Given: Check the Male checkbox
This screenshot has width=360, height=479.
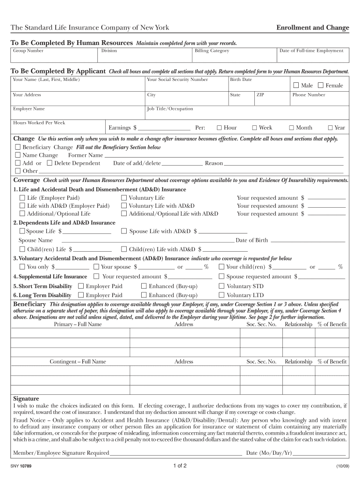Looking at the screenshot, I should click(295, 86).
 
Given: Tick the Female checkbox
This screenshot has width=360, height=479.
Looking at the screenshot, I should click(320, 86).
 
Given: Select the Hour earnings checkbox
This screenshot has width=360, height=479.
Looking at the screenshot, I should click(219, 128).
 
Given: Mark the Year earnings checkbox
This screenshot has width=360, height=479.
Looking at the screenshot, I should click(330, 128).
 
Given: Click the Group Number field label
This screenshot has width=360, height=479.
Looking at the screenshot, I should click(28, 51).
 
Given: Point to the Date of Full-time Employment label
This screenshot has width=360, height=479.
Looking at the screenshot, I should click(311, 51).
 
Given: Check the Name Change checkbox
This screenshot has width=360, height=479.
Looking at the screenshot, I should click(18, 155).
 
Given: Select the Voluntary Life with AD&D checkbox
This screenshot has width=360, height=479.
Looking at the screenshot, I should click(124, 206).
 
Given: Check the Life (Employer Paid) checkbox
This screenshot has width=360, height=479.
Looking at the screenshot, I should click(22, 198).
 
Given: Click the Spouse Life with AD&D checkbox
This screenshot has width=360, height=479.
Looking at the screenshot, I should click(124, 231).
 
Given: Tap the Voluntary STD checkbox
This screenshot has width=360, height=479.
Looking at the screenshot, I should click(222, 286).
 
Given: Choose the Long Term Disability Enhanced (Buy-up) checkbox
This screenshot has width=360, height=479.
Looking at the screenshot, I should click(144, 295).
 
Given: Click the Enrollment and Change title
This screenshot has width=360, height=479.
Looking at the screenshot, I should click(312, 28).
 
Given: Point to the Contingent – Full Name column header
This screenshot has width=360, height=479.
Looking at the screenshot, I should click(78, 362).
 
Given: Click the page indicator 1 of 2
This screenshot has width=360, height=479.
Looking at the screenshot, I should click(180, 466).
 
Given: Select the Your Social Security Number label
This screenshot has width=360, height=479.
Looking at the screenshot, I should click(177, 80).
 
